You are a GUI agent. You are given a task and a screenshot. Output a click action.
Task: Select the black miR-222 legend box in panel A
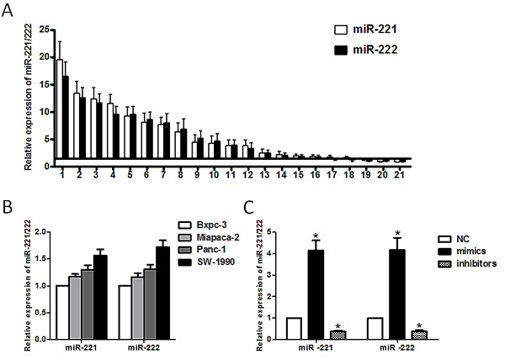tap(340, 50)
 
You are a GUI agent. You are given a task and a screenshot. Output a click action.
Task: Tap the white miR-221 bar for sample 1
tap(60, 109)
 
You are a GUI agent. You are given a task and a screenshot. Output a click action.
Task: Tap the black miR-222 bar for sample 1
tap(66, 118)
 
